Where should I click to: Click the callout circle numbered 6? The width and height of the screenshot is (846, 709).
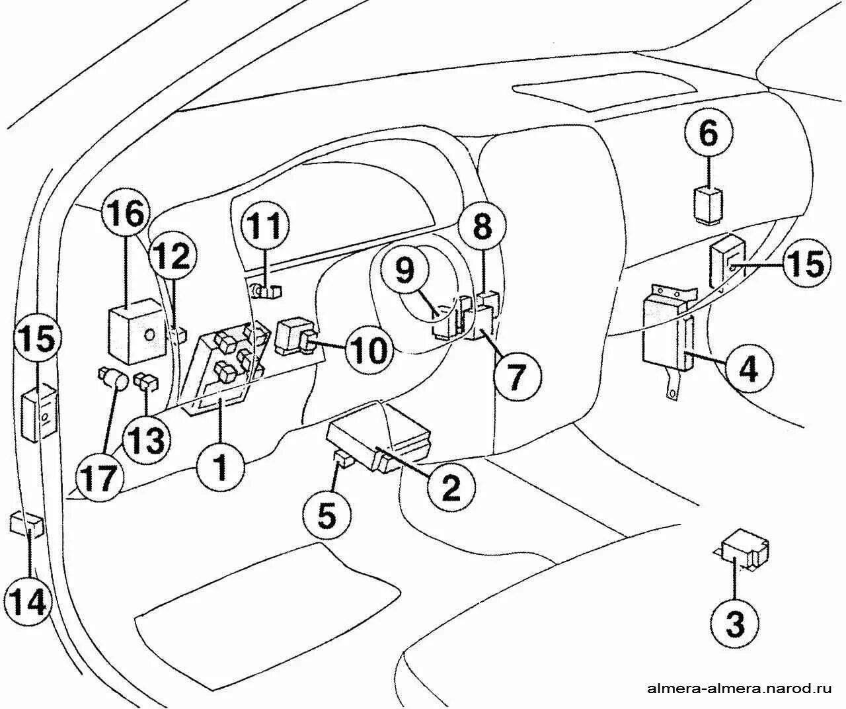[707, 135]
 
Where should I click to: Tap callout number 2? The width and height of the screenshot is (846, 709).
[450, 488]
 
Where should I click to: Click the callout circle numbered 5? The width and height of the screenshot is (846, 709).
[327, 514]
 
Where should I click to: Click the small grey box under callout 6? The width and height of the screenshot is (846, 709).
[707, 204]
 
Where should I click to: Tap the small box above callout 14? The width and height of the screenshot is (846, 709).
[28, 524]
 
